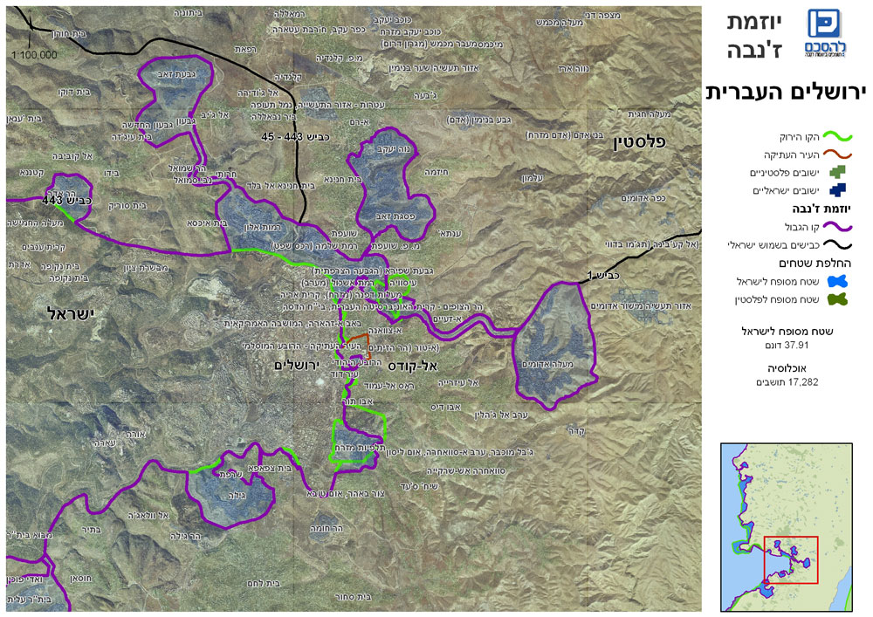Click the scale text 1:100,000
pyautogui.click(x=35, y=54)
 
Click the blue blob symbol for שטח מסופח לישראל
pyautogui.click(x=838, y=281)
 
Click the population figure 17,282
pyautogui.click(x=787, y=382)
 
